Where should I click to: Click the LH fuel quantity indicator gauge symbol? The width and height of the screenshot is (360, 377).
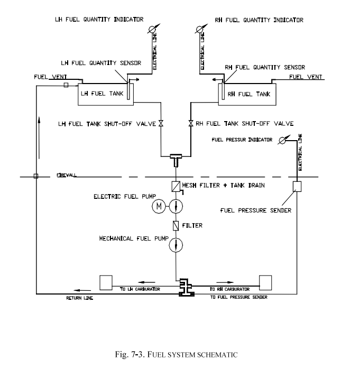point(152,29)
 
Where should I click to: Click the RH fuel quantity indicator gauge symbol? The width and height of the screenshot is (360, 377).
point(201,29)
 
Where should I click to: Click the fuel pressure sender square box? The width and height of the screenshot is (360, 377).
point(297,187)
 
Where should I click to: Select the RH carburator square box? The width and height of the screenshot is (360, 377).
point(265,282)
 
